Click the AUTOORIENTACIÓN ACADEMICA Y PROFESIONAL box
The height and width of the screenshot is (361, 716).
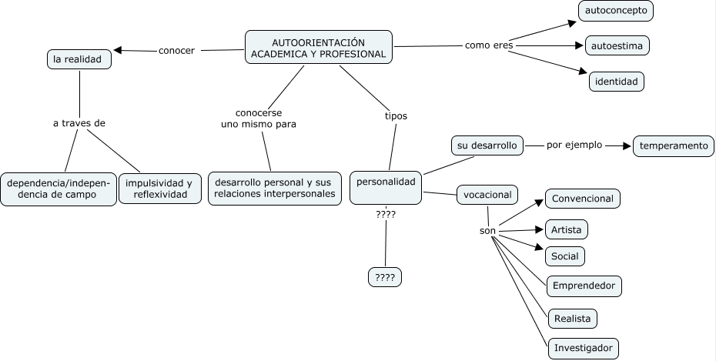[318, 48]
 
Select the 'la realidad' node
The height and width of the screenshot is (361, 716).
[79, 59]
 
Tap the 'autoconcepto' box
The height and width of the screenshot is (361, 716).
[617, 11]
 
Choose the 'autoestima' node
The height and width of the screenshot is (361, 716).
[617, 45]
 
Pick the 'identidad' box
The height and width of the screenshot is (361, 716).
[616, 81]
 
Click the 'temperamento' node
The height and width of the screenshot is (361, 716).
[673, 145]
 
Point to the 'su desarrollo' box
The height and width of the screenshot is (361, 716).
[487, 145]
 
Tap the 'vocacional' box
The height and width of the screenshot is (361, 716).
[487, 195]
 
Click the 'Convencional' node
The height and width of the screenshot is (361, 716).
[583, 199]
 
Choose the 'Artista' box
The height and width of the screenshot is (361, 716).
[567, 229]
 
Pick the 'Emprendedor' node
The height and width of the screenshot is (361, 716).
[584, 286]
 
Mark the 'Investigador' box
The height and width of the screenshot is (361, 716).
[584, 348]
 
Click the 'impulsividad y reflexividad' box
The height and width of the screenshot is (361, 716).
[160, 189]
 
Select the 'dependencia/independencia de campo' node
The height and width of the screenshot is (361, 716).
[58, 189]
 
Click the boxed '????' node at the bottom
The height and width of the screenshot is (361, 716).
[386, 276]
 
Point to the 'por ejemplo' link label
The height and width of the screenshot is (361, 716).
[574, 145]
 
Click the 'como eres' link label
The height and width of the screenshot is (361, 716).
[489, 45]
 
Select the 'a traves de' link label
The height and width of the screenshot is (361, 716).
[79, 123]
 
